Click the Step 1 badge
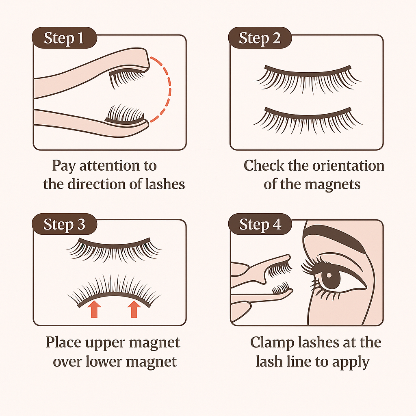pos(64,38)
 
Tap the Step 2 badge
pos(260,38)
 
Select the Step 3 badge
pos(64,224)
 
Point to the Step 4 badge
pos(260,224)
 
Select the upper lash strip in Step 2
pos(308,79)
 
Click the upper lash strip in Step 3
pos(114,249)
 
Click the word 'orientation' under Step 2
pos(348,166)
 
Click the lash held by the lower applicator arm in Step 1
pos(125,114)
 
